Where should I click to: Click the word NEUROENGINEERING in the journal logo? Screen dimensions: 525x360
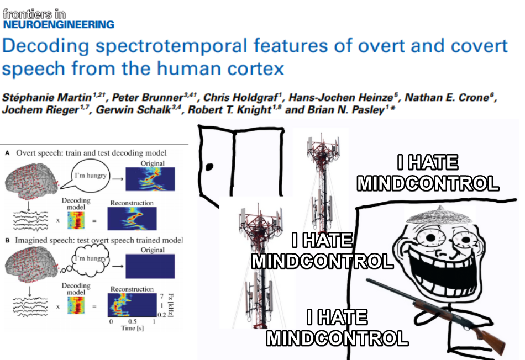[59, 24]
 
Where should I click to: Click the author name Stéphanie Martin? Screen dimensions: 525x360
[46, 97]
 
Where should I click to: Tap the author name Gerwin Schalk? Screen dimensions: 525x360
[133, 110]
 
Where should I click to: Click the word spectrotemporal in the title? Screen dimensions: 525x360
[171, 46]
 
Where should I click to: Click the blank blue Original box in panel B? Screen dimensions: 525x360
[150, 266]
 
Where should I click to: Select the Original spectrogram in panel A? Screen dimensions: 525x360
[150, 179]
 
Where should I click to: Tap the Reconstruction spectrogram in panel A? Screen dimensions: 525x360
[132, 219]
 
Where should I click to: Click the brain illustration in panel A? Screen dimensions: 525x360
[32, 181]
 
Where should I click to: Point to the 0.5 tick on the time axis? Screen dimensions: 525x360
[132, 321]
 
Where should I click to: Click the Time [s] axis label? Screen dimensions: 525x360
[132, 328]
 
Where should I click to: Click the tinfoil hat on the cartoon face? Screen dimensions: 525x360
[440, 215]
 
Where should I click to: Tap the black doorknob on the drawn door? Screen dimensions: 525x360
[209, 167]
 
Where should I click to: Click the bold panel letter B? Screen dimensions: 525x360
[7, 241]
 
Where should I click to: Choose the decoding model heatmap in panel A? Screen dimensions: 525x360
[76, 221]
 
